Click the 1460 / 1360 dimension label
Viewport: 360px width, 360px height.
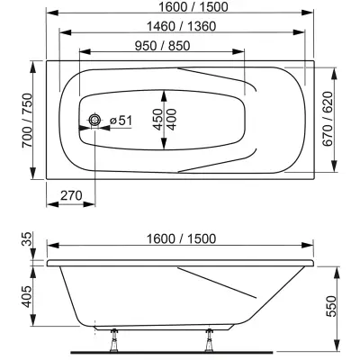181,26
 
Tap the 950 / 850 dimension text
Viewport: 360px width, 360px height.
162,46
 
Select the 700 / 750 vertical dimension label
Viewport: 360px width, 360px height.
28,121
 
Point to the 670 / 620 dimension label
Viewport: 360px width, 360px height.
328,119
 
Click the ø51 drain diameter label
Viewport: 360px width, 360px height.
121,121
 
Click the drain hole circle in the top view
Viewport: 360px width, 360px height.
94,120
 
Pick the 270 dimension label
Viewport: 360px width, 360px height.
71,195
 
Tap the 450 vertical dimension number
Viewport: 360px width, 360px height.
157,119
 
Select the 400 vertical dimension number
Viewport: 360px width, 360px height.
172,119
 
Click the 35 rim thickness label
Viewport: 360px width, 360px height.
28,238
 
